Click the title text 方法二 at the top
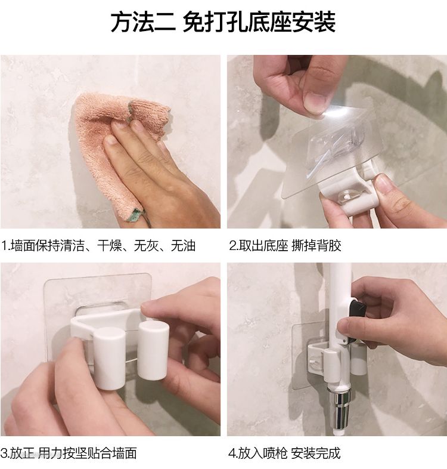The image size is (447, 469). tap(143, 23)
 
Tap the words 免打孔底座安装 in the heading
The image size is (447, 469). tap(259, 23)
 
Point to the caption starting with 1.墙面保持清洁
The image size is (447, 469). tap(98, 246)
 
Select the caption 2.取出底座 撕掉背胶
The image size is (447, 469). tap(285, 246)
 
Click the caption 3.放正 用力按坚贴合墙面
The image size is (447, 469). tap(69, 453)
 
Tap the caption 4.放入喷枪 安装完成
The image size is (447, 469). tap(284, 453)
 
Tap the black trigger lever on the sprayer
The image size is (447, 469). tap(356, 317)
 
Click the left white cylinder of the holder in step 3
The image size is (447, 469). tap(110, 359)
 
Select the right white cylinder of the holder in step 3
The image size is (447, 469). tap(153, 350)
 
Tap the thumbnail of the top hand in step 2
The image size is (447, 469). tap(313, 101)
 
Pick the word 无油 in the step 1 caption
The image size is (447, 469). tap(183, 246)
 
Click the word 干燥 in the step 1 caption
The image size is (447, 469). tap(109, 246)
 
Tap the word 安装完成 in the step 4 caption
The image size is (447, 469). tap(315, 453)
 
